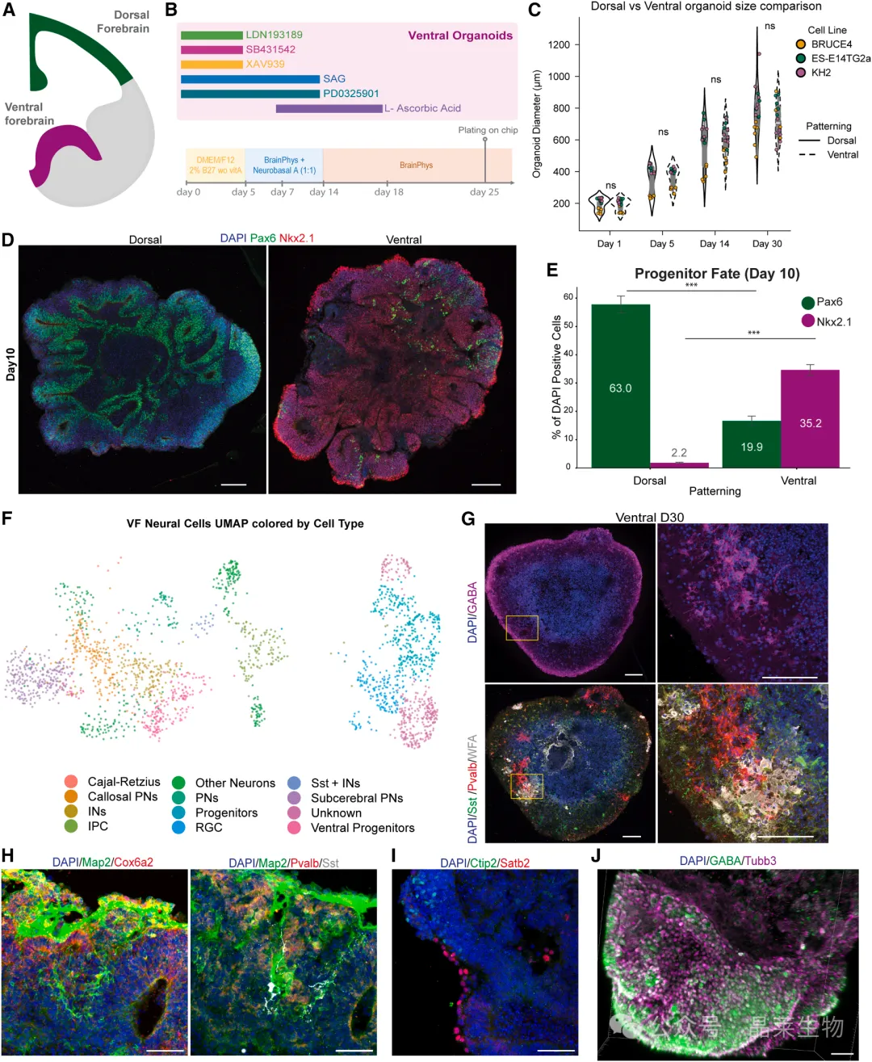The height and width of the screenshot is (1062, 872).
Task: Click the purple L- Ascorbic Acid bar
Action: (x=329, y=108)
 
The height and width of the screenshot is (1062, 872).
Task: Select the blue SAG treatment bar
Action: (x=250, y=79)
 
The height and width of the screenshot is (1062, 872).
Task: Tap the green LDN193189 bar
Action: (x=212, y=36)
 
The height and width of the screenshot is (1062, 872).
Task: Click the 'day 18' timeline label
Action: (x=388, y=192)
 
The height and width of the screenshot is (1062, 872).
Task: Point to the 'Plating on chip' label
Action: (x=488, y=130)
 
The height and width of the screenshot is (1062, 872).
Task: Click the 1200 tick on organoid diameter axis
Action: (x=559, y=45)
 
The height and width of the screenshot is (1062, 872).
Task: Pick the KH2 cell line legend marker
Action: (x=801, y=73)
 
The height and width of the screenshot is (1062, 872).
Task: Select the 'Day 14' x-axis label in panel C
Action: (x=714, y=244)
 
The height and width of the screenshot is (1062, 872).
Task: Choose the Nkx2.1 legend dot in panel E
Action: (x=807, y=321)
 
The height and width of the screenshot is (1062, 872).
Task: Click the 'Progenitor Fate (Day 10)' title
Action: (x=717, y=274)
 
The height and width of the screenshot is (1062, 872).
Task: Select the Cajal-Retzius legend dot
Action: (x=71, y=782)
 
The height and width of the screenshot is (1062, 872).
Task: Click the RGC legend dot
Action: (x=178, y=828)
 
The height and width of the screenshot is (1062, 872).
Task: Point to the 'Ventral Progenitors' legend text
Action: (x=363, y=828)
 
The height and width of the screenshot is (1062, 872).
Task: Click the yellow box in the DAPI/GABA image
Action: (x=522, y=628)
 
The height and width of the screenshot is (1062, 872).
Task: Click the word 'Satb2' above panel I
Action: (x=514, y=863)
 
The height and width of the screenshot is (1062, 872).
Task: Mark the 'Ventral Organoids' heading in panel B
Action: (x=460, y=36)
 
